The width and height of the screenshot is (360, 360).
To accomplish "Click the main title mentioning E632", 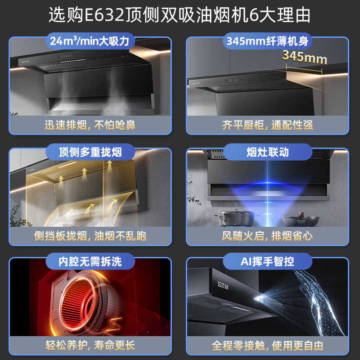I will coord(180,15).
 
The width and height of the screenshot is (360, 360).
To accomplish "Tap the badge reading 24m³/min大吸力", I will coord(90,42).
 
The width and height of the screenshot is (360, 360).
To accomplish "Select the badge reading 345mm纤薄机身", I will coord(267,42).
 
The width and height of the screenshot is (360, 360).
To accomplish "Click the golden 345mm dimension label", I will coord(305,57).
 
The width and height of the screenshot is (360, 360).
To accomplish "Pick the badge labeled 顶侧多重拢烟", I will coord(90,152).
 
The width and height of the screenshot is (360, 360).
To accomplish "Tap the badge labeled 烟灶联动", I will coord(267,152).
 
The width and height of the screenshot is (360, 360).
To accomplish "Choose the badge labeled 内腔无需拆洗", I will coord(90,261).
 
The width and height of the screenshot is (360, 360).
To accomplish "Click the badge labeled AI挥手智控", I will coord(267,261).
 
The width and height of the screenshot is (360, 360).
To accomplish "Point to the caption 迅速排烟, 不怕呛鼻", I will coord(90,124).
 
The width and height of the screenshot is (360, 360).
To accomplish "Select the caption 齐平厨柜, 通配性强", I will coord(267,124).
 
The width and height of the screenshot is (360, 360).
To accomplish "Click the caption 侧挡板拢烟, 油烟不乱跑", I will coord(90,235).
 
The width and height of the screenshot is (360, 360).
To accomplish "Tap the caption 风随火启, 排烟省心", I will coord(267,235).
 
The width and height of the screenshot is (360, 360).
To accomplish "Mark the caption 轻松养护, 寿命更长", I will coord(90,346).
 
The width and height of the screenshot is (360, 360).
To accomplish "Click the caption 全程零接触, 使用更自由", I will coord(267,346).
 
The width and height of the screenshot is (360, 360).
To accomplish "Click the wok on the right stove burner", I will coord(301,220).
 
